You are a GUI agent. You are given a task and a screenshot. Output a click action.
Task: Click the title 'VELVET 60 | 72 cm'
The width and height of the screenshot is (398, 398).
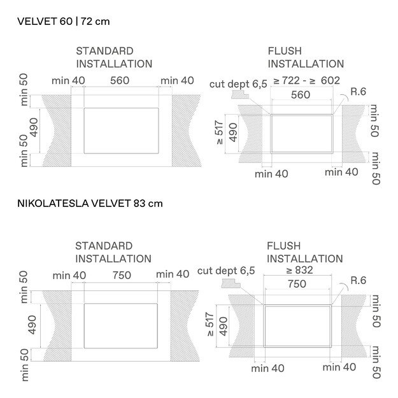click(x=64, y=21)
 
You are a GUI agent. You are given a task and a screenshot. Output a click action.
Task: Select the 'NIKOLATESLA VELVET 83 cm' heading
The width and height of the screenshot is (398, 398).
click(x=90, y=204)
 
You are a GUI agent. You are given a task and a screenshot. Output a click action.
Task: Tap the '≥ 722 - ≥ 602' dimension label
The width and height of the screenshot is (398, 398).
click(x=306, y=80)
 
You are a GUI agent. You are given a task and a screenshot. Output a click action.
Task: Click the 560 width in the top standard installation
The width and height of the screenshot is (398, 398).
click(x=120, y=80)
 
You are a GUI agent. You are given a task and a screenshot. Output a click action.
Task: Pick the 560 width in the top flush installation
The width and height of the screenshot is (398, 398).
click(x=300, y=95)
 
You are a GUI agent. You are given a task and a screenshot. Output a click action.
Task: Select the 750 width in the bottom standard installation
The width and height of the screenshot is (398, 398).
click(x=121, y=275)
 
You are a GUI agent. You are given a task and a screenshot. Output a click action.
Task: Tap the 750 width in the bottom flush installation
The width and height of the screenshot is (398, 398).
click(x=297, y=285)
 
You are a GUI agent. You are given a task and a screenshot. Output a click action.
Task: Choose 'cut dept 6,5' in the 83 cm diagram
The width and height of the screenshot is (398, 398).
click(x=226, y=271)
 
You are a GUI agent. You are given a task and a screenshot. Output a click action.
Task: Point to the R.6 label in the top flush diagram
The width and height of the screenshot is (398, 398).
click(x=358, y=92)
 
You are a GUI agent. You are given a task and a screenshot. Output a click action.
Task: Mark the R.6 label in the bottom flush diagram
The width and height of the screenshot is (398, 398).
click(x=359, y=280)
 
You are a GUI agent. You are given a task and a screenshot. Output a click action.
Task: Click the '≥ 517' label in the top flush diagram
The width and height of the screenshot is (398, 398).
click(x=220, y=133)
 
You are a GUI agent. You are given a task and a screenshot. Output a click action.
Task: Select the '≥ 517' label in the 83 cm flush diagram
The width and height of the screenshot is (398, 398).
click(x=211, y=324)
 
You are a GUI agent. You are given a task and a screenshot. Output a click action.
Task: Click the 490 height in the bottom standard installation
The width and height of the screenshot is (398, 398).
click(x=33, y=325)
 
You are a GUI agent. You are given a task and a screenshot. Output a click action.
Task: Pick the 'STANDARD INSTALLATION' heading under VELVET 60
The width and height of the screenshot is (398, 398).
click(x=114, y=57)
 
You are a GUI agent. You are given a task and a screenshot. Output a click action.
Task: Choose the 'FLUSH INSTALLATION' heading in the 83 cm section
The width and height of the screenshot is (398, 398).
click(x=304, y=252)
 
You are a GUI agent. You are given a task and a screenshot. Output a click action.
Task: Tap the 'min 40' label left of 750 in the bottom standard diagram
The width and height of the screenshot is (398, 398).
click(x=69, y=275)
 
